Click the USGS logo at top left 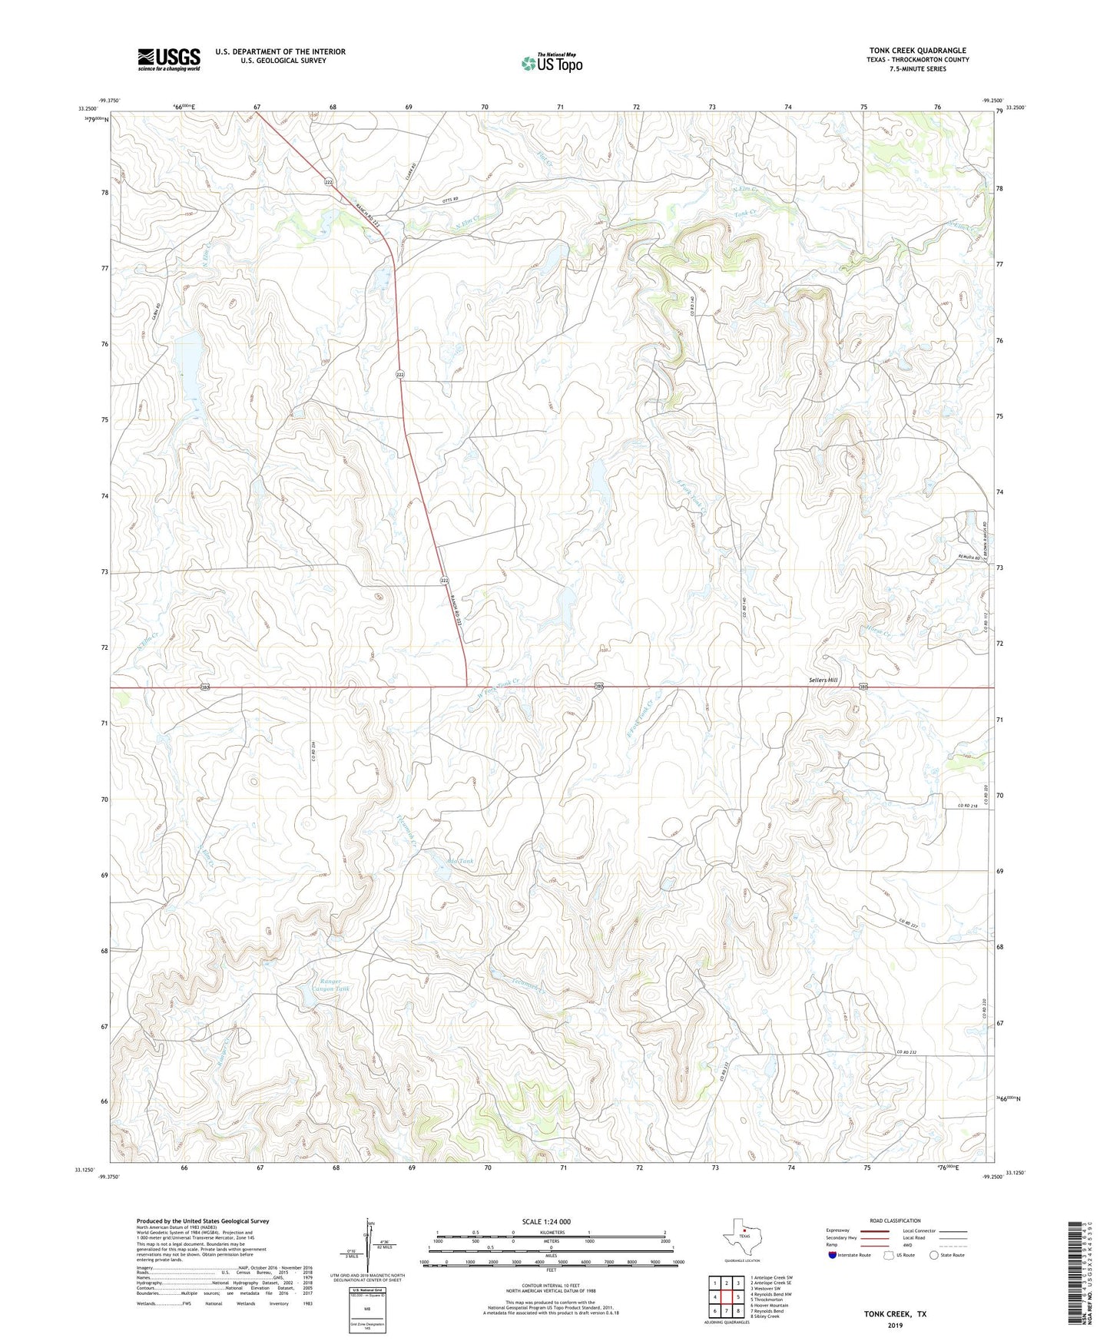point(168,59)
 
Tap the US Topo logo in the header point(552,63)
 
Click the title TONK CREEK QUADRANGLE point(917,51)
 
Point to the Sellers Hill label point(823,680)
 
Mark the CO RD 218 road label point(970,805)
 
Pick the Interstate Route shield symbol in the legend point(833,1255)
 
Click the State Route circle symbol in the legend point(933,1255)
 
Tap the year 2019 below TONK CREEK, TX point(895,1325)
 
